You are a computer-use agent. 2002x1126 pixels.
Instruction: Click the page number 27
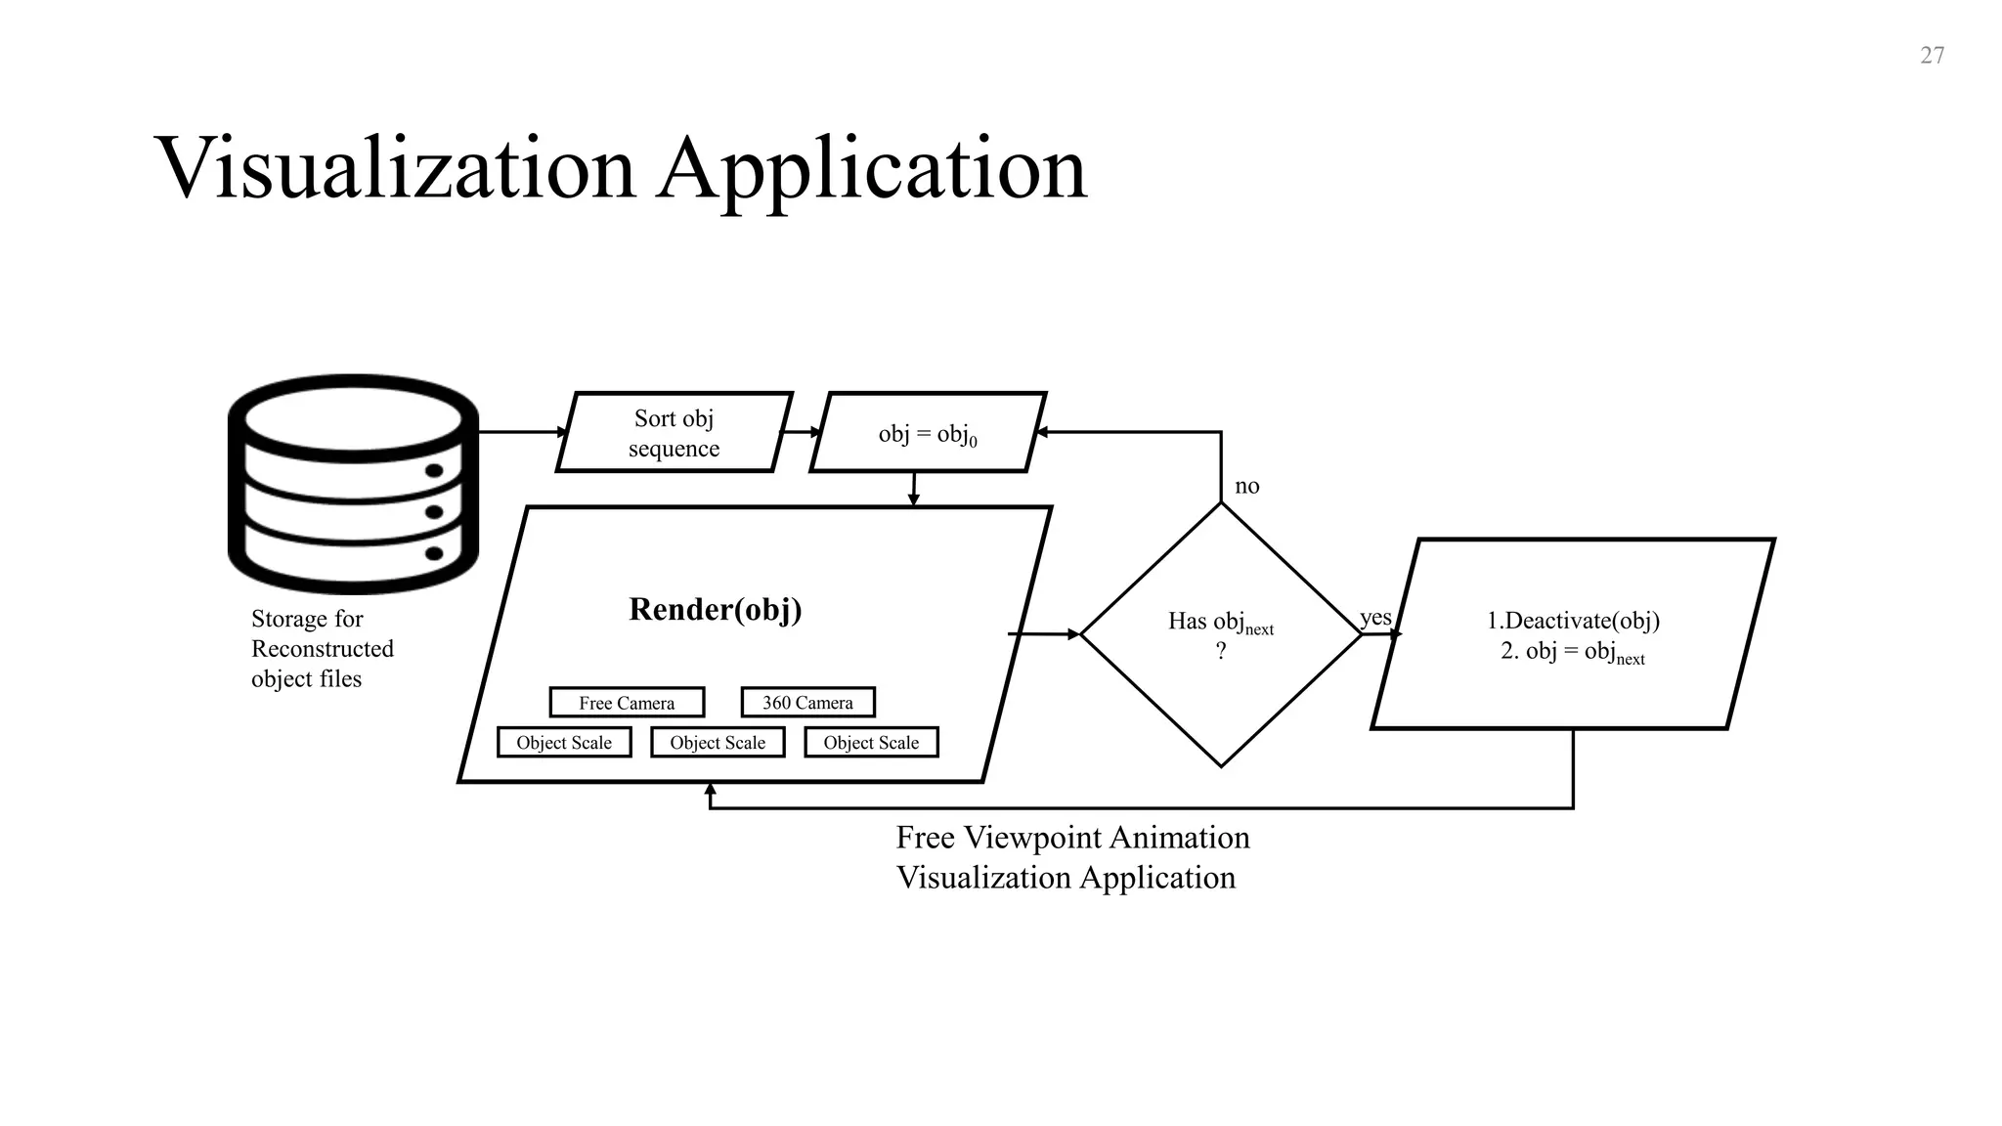click(x=1932, y=56)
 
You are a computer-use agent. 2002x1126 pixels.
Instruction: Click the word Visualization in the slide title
click(x=395, y=168)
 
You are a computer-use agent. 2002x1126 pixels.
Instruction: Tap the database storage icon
click(x=353, y=484)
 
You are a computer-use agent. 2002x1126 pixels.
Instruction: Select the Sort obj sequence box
click(x=674, y=432)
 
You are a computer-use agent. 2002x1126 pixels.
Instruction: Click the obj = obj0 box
click(x=928, y=433)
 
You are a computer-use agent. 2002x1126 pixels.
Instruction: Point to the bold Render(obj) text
click(x=715, y=609)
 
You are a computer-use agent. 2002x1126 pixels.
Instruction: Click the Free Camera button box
click(x=627, y=703)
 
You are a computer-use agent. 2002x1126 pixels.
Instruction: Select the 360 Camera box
click(x=807, y=702)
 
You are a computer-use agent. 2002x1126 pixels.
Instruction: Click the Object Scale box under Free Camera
click(x=564, y=743)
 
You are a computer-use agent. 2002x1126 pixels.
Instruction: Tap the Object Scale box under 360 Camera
click(x=871, y=743)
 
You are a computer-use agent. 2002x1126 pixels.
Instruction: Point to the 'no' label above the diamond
click(x=1246, y=486)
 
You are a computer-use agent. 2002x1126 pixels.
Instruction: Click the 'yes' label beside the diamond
click(x=1375, y=618)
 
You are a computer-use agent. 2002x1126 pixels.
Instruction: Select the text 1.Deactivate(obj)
click(x=1573, y=621)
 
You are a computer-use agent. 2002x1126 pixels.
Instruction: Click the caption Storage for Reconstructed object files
click(x=322, y=648)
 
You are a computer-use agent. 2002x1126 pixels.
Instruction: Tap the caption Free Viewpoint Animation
click(x=1072, y=838)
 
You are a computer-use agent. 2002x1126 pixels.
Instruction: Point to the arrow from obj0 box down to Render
click(x=913, y=489)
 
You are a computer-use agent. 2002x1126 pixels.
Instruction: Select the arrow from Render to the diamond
click(x=1044, y=634)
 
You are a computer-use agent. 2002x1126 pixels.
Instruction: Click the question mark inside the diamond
click(x=1220, y=651)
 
